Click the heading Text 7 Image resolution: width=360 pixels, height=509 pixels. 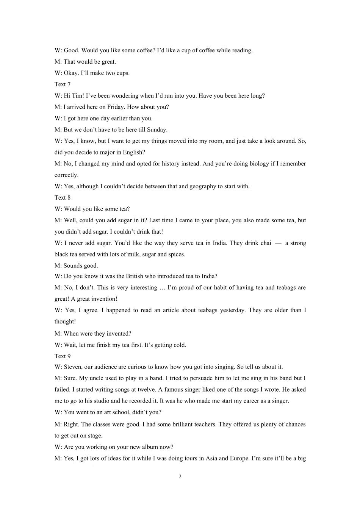point(63,84)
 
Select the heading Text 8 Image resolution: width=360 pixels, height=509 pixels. point(63,198)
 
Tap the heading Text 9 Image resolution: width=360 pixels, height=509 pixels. point(63,356)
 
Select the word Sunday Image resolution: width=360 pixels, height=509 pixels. point(157,130)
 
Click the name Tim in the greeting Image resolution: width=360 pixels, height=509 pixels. point(77,96)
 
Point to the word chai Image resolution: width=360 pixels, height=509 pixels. point(266,243)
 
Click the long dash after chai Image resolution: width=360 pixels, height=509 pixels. point(278,243)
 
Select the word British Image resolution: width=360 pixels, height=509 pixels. point(136,276)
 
